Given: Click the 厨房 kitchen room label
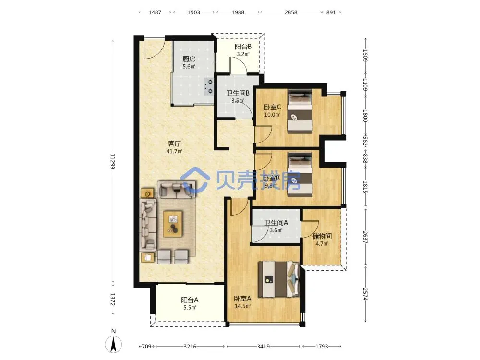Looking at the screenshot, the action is pos(189,59).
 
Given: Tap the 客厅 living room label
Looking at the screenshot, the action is pos(175,143).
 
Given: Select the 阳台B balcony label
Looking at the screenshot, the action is pos(243,47).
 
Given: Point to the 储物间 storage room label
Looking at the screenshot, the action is pos(322,236).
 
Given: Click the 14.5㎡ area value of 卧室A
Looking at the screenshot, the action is pos(242,306).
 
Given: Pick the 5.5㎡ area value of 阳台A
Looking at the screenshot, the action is pos(190,307).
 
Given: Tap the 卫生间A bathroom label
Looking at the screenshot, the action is pos(276,223).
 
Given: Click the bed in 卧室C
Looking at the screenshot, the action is pos(300,111).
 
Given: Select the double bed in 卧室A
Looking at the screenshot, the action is pos(278,279).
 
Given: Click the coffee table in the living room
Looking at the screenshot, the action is pos(173,224).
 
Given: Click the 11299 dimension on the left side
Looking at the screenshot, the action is pos(112,161).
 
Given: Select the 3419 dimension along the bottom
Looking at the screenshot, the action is pos(263,346).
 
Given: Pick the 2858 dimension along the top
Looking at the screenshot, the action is pos(291,12).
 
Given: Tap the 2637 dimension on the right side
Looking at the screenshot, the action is pos(365,237).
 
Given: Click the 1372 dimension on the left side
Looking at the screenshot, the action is pos(112,300).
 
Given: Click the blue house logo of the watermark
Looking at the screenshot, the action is pos(195,180).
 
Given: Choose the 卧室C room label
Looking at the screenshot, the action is pos(273,107).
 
